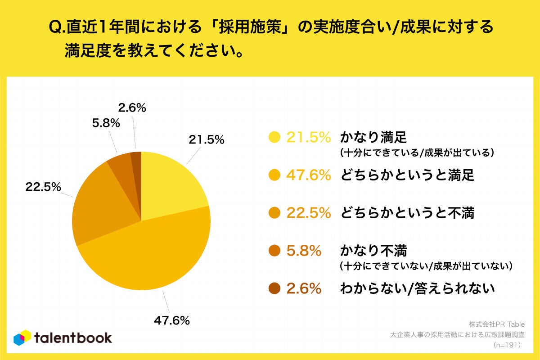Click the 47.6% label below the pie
[171, 320]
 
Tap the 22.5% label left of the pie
[43, 187]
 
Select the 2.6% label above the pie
[132, 108]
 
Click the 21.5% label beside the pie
[207, 140]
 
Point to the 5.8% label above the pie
[106, 123]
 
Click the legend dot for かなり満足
[274, 137]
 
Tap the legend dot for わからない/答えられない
[274, 288]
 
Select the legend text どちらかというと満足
[407, 175]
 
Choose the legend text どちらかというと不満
[407, 213]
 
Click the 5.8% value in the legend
[304, 251]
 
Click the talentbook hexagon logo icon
[22, 338]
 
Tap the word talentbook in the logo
[73, 338]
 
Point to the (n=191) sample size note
[507, 345]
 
